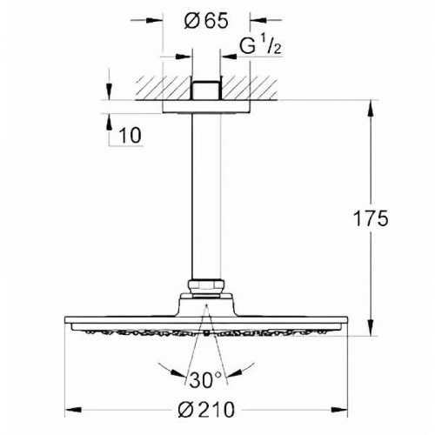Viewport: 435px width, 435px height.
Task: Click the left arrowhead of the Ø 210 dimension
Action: (x=71, y=408)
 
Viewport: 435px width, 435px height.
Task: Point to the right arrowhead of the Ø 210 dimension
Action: (x=341, y=408)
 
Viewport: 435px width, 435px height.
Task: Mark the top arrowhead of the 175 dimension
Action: (x=374, y=108)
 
